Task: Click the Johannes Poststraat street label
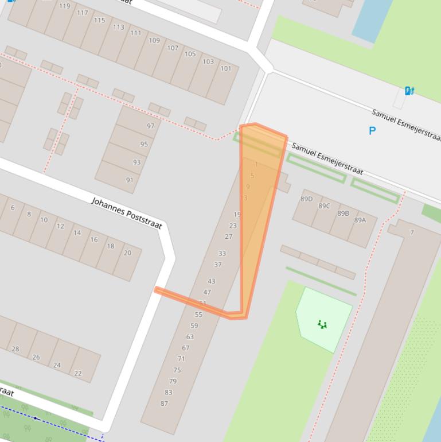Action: (x=127, y=212)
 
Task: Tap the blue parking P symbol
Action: (x=372, y=131)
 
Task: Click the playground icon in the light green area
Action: (x=323, y=325)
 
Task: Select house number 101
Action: (x=226, y=68)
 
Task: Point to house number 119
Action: (x=64, y=6)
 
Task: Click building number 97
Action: (x=151, y=126)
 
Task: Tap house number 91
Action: (x=130, y=180)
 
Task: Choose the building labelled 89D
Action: (x=307, y=199)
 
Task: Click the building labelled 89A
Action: (x=360, y=220)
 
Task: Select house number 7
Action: (x=412, y=232)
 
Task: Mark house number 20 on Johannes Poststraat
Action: (x=127, y=253)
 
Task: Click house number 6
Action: (x=13, y=208)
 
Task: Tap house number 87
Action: (x=165, y=404)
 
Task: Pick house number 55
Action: (x=198, y=315)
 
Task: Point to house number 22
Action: (x=77, y=373)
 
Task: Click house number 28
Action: (x=15, y=348)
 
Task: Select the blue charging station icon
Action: (x=409, y=91)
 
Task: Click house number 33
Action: (x=222, y=253)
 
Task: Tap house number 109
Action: (x=154, y=41)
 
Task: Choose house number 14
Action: (x=77, y=232)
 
